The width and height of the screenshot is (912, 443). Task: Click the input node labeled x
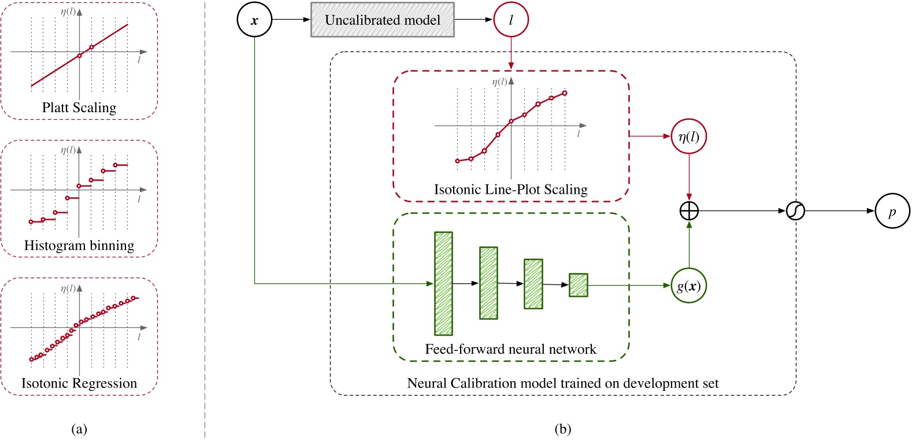[x=254, y=20]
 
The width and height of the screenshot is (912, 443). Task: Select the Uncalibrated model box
[x=382, y=20]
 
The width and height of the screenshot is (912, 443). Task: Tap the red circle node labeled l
[x=511, y=20]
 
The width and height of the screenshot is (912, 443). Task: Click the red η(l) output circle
[x=688, y=136]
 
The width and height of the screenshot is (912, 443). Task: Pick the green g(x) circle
[x=688, y=286]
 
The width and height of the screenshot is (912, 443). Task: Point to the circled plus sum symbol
[x=689, y=211]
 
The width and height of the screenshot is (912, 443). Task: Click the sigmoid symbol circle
[x=795, y=211]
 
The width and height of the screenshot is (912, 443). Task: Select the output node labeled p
[x=892, y=211]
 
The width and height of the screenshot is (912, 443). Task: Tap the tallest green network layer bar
[x=443, y=283]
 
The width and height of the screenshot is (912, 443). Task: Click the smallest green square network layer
[x=578, y=285]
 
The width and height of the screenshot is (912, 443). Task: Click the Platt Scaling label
[x=79, y=108]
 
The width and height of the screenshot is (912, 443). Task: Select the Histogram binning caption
[x=79, y=245]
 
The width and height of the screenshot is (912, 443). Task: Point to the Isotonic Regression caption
[x=79, y=383]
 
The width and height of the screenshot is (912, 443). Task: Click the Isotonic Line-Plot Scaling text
[x=511, y=189]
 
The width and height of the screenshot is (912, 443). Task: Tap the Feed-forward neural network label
[x=511, y=349]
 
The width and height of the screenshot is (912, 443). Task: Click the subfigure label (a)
[x=79, y=429]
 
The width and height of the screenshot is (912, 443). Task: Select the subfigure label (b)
[x=562, y=429]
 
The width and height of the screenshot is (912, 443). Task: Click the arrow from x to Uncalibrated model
[x=291, y=20]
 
